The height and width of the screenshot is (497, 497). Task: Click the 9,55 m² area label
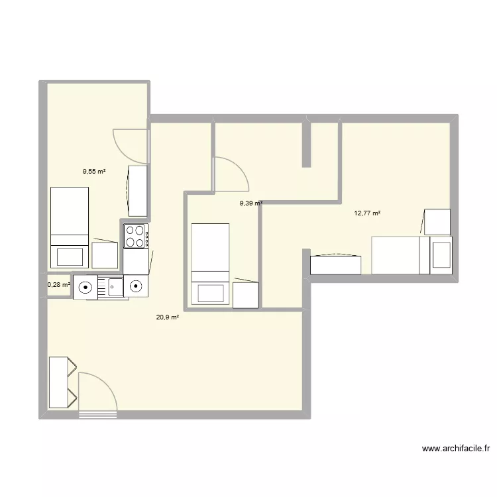coord(94,171)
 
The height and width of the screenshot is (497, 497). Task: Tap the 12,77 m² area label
coord(367,213)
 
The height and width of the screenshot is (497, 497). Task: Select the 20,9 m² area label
coord(168,317)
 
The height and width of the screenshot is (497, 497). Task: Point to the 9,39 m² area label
coord(251,204)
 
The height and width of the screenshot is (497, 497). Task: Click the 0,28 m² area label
coord(58,285)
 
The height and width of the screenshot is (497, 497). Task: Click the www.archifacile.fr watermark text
coord(456,449)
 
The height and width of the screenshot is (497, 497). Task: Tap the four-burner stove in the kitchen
coord(136,236)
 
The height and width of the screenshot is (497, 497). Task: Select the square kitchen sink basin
coord(111,287)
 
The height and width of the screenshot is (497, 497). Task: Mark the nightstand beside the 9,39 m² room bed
coord(245,294)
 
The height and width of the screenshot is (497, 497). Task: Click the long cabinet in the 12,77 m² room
coord(336,264)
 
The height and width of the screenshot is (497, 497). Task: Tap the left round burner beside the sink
coord(85,287)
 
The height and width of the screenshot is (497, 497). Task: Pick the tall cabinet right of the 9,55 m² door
coord(138,191)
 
